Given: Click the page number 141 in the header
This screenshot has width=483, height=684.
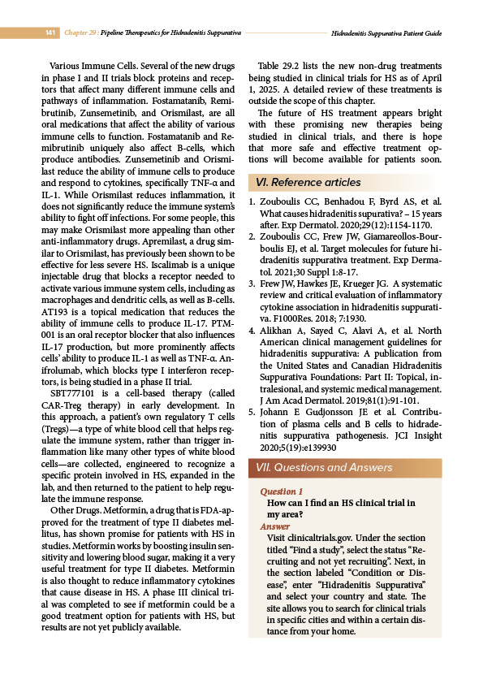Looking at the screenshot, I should (x=50, y=32).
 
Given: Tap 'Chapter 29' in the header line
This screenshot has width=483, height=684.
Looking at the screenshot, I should (x=83, y=32).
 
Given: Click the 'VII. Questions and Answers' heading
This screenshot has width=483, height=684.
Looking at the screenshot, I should (x=324, y=468).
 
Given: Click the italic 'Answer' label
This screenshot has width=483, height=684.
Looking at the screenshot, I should (x=274, y=526).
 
